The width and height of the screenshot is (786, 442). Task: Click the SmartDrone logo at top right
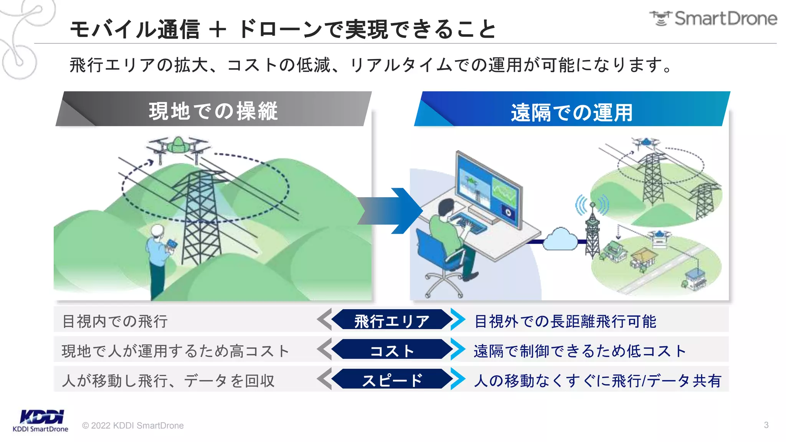pyautogui.click(x=713, y=18)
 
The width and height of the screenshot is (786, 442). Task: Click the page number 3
pyautogui.click(x=766, y=425)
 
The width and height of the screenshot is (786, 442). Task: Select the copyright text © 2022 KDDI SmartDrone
pyautogui.click(x=133, y=426)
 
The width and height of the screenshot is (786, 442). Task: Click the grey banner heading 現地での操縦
pyautogui.click(x=213, y=111)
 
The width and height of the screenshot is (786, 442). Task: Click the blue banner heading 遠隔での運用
pyautogui.click(x=571, y=112)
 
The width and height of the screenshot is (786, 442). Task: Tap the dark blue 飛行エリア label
pyautogui.click(x=391, y=321)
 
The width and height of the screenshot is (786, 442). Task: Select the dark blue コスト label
pyautogui.click(x=391, y=350)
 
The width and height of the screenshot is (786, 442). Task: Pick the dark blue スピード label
pyautogui.click(x=391, y=380)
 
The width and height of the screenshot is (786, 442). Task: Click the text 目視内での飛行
pyautogui.click(x=115, y=321)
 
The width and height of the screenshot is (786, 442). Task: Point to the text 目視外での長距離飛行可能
pyautogui.click(x=565, y=321)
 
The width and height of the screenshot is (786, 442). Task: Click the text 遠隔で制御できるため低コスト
pyautogui.click(x=579, y=351)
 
